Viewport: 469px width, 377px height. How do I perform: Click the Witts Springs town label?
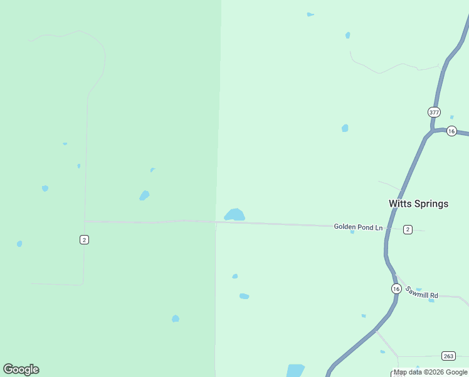(x=418, y=204)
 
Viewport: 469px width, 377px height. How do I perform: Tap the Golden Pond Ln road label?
(x=357, y=226)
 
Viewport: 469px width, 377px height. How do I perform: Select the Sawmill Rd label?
(x=421, y=292)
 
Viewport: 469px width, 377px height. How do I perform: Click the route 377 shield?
(x=434, y=112)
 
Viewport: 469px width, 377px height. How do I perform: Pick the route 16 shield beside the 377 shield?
(x=451, y=131)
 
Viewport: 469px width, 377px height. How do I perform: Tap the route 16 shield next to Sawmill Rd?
(x=396, y=288)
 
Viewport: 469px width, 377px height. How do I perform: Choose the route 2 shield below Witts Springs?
(x=408, y=229)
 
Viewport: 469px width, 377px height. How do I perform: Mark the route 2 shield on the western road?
(x=84, y=239)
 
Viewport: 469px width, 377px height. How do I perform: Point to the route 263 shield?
(x=448, y=356)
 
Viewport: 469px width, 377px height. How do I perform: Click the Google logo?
(x=21, y=369)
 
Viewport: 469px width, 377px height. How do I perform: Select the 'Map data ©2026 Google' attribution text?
(x=431, y=373)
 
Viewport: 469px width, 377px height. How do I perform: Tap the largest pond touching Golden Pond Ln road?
(x=234, y=215)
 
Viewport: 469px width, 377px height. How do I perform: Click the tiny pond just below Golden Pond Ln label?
(x=352, y=232)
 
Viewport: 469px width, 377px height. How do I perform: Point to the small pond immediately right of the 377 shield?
(x=451, y=117)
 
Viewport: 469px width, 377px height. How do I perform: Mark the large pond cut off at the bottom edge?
(x=295, y=370)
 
